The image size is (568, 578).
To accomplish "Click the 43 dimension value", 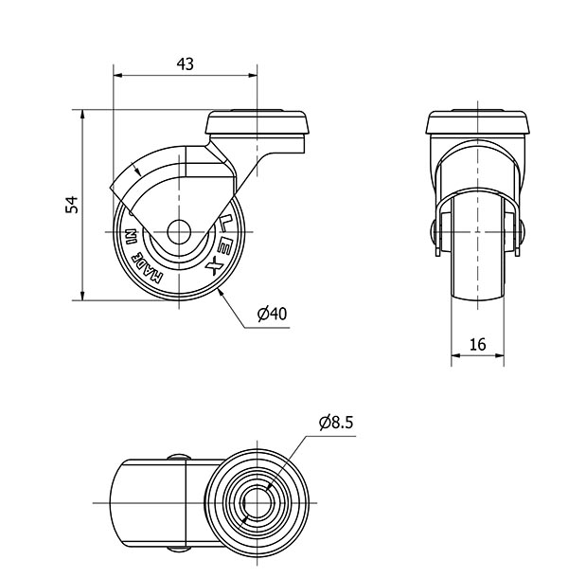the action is [185, 64].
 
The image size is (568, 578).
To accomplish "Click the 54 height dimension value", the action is [72, 205].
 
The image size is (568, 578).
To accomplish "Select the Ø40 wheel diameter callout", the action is [273, 314].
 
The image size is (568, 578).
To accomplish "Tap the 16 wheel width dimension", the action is [478, 344].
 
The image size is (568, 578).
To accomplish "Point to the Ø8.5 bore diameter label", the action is [336, 423].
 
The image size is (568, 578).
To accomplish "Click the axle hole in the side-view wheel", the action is [179, 232].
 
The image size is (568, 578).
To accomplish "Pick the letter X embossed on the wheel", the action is [214, 266].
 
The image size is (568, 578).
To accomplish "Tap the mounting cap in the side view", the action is [257, 122].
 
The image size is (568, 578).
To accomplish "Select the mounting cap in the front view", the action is [478, 122].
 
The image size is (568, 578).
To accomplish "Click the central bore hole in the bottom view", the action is [257, 502].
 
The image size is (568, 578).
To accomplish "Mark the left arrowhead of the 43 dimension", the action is [118, 75].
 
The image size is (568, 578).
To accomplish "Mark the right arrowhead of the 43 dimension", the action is [253, 75].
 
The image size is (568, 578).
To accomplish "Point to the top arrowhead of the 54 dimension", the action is [82, 114].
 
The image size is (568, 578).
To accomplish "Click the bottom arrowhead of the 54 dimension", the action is [82, 296].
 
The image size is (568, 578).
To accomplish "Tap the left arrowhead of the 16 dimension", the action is [455, 355].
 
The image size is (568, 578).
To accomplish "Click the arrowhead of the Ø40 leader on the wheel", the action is [221, 292].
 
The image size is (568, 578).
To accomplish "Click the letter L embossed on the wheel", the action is [223, 224].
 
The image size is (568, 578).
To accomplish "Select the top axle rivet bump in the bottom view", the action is [179, 458].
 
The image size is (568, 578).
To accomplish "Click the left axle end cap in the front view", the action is [433, 232].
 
